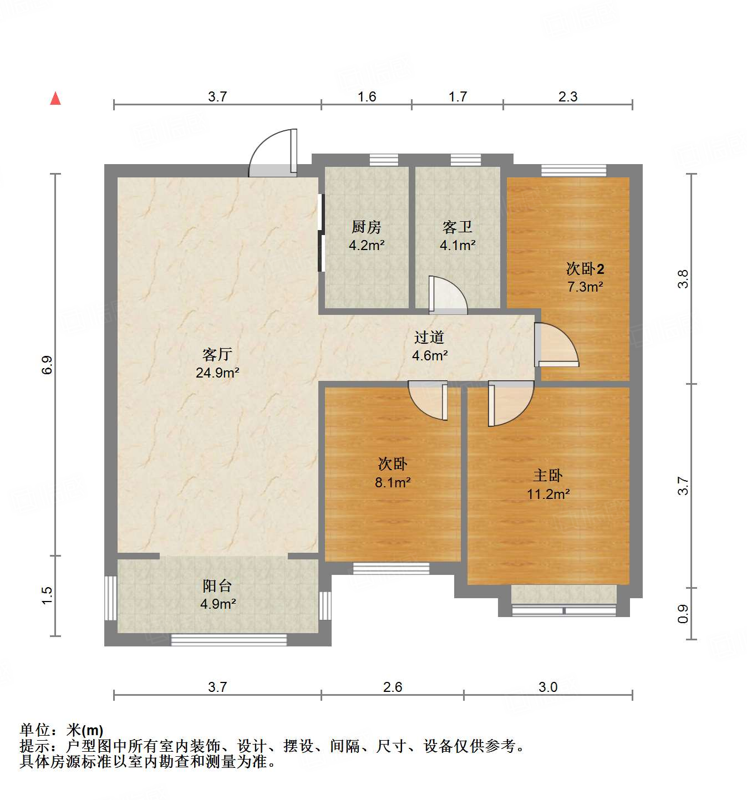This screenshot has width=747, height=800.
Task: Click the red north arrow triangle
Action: coord(55,98)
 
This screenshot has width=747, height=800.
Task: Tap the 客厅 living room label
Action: coord(217,354)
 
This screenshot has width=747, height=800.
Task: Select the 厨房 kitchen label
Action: coord(366,227)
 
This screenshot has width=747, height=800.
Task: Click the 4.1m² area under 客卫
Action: coord(458,245)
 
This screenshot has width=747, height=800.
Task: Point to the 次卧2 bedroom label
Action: coord(585,269)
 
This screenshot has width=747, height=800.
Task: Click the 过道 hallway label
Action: coord(429,337)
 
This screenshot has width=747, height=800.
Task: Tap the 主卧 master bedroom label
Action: coord(548,475)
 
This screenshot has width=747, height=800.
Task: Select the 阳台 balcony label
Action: coord(217,585)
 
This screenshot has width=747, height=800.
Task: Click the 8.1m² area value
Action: coord(393,482)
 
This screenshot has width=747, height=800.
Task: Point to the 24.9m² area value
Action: coord(217,373)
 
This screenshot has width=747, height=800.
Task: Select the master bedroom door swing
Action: coord(509,403)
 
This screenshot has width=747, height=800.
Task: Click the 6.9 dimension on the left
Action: coord(47,364)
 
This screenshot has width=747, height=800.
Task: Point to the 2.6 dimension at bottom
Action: coord(393,687)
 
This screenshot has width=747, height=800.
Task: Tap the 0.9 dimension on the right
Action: coord(683,613)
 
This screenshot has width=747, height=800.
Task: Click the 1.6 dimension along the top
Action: coord(367,96)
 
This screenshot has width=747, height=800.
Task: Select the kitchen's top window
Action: coord(384,160)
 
